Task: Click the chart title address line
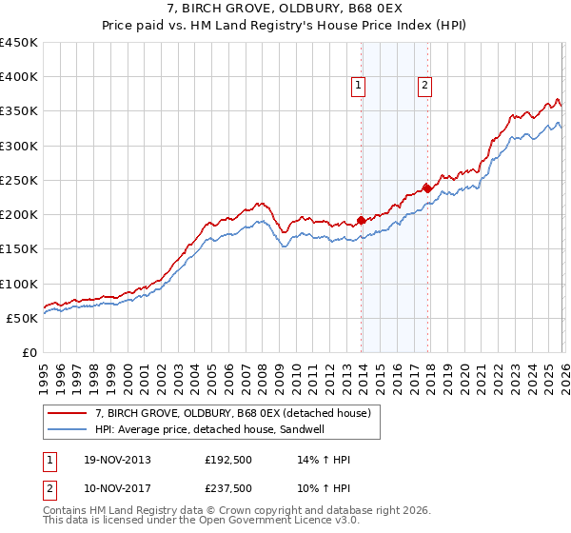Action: [x=285, y=10]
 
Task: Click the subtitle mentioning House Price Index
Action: [x=285, y=28]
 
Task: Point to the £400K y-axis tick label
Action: [x=19, y=77]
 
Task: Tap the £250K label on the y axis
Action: [x=19, y=180]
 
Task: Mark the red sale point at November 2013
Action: [x=362, y=221]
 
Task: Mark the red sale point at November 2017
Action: [x=427, y=188]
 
